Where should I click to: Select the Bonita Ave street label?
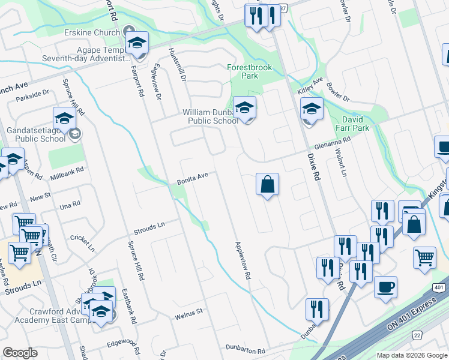click(x=192, y=178)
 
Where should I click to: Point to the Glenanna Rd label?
click(x=333, y=143)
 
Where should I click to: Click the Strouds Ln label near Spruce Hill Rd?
click(x=149, y=226)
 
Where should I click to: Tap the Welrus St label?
click(x=189, y=311)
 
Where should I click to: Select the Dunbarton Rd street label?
click(x=245, y=349)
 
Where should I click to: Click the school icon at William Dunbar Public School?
click(x=244, y=109)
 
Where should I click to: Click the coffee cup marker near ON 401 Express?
click(x=385, y=286)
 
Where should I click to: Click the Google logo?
click(x=20, y=353)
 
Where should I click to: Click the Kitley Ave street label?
click(x=310, y=85)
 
